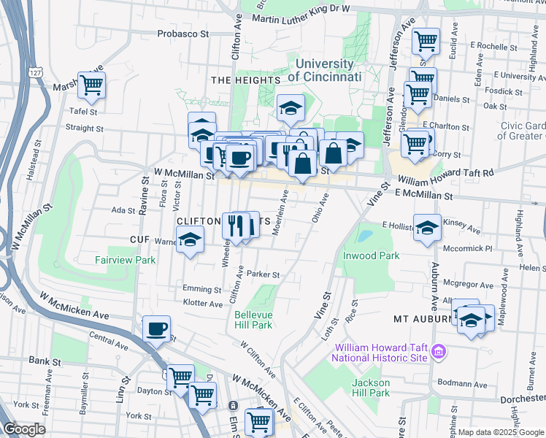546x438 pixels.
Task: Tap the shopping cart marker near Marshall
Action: (x=91, y=85)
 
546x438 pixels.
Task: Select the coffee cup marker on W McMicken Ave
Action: (x=155, y=328)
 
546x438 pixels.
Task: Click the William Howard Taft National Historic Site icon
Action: (x=438, y=353)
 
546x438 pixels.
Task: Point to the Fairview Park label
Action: (x=125, y=260)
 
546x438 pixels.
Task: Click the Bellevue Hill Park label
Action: (x=253, y=320)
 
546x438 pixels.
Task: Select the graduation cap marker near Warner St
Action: (x=190, y=240)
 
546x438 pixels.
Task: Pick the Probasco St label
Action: (x=184, y=34)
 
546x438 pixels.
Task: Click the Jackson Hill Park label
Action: (x=371, y=387)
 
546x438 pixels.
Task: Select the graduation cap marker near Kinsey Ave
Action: (x=427, y=226)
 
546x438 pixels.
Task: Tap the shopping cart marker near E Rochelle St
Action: (x=426, y=41)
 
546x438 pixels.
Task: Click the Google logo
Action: (x=25, y=429)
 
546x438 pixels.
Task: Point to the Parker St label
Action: (x=264, y=274)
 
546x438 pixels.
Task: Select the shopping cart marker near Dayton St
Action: (x=180, y=377)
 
